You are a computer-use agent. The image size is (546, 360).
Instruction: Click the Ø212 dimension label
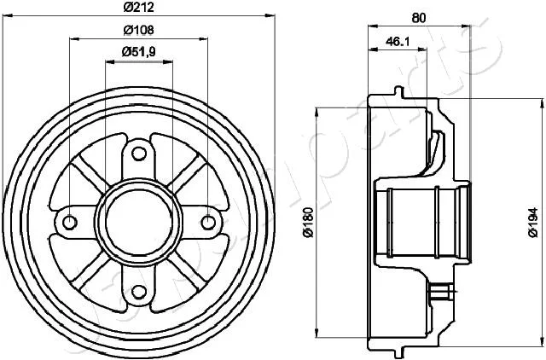tap(138, 7)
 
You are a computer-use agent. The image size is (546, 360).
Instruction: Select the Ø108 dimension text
tap(138, 30)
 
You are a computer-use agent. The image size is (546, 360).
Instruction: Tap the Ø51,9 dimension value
tap(138, 52)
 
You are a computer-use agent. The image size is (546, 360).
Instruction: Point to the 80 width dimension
tap(419, 18)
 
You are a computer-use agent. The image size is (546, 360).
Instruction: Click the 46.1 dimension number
tap(398, 42)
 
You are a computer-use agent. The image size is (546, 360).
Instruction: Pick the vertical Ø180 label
tap(309, 222)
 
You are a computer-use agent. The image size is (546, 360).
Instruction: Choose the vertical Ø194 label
tap(533, 223)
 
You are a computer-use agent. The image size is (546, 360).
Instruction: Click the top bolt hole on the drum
tap(139, 154)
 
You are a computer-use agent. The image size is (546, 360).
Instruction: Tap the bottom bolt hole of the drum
tap(139, 292)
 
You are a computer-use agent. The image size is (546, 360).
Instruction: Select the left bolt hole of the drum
tap(70, 223)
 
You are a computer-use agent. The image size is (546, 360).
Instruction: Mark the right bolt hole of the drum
tap(208, 223)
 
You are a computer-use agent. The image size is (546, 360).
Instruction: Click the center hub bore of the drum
tap(139, 223)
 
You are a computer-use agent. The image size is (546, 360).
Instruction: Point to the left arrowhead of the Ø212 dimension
tap(8, 15)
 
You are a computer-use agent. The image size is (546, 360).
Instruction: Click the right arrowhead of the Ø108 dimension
tap(203, 38)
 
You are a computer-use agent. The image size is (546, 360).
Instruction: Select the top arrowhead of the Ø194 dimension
tap(543, 103)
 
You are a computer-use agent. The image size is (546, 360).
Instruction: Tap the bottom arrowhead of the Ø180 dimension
tap(317, 333)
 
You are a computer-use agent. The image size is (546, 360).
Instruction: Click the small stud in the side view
tap(442, 291)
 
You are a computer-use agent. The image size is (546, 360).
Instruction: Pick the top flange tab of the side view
tap(399, 92)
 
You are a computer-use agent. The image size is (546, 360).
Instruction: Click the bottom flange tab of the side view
tap(399, 352)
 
